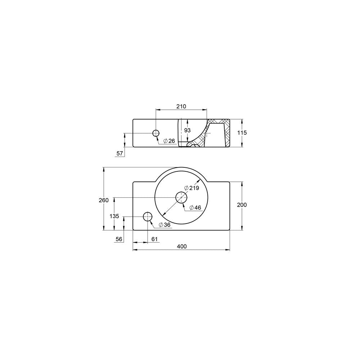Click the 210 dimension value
click(x=181, y=106)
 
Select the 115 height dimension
click(x=242, y=132)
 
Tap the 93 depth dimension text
click(x=187, y=130)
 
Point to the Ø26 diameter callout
click(x=169, y=141)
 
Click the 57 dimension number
click(x=120, y=153)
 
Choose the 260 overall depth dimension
click(x=104, y=201)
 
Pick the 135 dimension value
click(x=114, y=216)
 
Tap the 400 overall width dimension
click(x=182, y=246)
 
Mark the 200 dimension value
click(x=242, y=204)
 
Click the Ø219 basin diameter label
click(x=192, y=188)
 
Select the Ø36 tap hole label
click(x=164, y=225)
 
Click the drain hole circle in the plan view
click(x=181, y=197)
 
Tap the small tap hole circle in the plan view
click(x=148, y=216)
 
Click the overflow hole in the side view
click(x=156, y=133)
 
